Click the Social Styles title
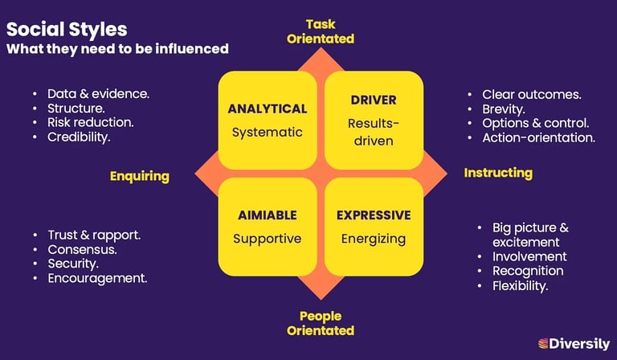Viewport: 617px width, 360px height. [67, 30]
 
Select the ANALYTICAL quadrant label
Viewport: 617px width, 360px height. [268, 108]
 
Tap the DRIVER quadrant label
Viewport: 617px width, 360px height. [374, 100]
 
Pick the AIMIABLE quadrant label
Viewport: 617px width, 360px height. [268, 215]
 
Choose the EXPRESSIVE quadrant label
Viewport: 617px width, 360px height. [374, 215]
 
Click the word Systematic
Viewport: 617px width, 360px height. [268, 132]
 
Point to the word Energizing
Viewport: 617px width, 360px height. [374, 239]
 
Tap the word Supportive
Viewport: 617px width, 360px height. [268, 239]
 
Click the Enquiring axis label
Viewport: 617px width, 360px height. [140, 176]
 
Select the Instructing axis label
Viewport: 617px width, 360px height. [498, 173]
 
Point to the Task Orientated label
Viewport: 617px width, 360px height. [320, 31]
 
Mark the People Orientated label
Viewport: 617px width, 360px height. [320, 323]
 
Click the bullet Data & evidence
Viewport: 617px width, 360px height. [98, 93]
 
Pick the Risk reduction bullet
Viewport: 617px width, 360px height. [90, 122]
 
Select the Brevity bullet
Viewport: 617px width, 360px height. [504, 108]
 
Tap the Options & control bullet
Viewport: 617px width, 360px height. [535, 123]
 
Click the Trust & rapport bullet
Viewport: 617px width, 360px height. [94, 235]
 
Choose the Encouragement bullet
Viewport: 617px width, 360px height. [96, 278]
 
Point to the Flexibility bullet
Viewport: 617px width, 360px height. [520, 285]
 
